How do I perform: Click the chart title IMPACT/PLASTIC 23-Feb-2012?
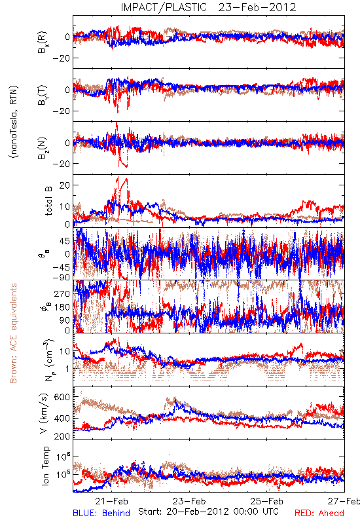coord(208,7)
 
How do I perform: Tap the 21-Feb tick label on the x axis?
coord(111,501)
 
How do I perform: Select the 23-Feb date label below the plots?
coord(189,501)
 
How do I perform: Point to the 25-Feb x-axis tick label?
coord(267,501)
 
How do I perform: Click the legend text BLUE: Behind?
coord(101,514)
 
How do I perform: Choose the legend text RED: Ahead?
coord(319,514)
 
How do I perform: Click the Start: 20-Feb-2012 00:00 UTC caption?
coord(208,512)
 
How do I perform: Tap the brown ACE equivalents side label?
coord(13,333)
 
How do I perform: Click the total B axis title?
coord(48,200)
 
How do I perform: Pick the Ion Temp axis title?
coord(45,466)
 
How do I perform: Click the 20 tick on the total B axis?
coord(64,185)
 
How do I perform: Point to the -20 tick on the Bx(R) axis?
coord(60,58)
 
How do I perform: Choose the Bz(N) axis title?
coord(43,148)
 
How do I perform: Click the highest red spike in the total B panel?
coord(117,178)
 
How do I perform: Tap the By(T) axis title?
coord(43,95)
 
